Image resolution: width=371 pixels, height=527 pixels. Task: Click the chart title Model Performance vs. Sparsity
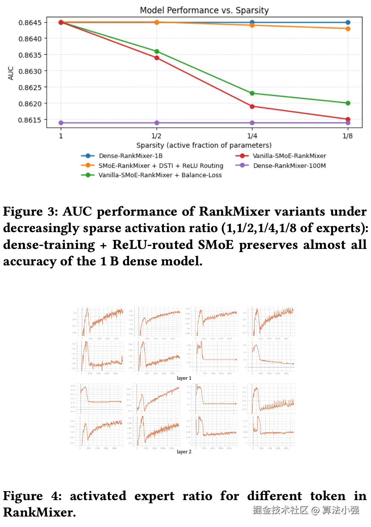click(204, 10)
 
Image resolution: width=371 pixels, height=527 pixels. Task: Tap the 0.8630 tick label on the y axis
click(30, 71)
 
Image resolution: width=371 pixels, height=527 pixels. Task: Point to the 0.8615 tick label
click(30, 120)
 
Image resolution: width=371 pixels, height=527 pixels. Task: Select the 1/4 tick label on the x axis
click(252, 136)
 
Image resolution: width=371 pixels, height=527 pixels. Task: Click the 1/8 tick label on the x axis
click(347, 136)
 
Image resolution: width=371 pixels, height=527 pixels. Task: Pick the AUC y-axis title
click(11, 73)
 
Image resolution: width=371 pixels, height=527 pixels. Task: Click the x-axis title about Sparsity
click(204, 145)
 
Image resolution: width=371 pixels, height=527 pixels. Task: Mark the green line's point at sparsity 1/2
click(157, 52)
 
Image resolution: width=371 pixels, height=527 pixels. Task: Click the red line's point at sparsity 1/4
click(252, 107)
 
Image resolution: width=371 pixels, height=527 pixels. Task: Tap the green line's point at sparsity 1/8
click(348, 103)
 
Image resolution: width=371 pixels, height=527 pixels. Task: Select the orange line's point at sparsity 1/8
click(348, 29)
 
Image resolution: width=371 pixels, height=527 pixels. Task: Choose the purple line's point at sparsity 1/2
click(157, 123)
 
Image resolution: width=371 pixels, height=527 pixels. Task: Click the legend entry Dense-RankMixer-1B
click(130, 156)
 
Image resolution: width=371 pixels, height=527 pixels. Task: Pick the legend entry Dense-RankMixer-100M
click(289, 166)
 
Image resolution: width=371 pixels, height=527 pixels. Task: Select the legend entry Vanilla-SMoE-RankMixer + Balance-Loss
click(160, 175)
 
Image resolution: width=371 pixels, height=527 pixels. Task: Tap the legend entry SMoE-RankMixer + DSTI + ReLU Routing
click(160, 166)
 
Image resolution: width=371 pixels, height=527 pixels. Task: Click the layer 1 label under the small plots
click(184, 378)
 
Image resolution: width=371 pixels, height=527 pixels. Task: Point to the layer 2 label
click(184, 452)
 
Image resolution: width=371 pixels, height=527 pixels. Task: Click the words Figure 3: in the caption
click(30, 212)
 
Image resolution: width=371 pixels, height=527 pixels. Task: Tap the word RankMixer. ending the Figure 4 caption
click(40, 512)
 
